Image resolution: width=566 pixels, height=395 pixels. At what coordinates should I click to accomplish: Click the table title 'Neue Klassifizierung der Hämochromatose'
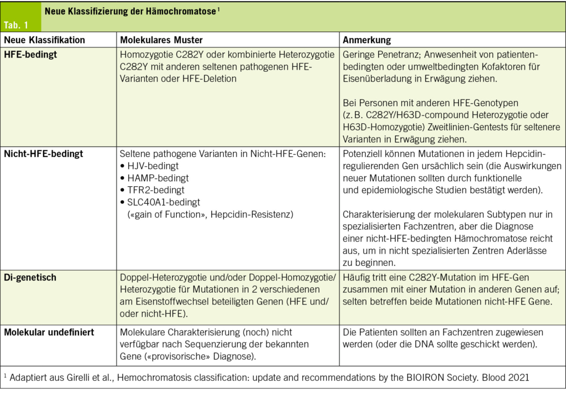130,11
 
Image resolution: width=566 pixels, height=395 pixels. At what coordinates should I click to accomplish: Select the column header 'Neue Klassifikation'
45,40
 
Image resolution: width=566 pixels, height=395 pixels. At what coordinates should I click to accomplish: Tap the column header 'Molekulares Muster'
161,40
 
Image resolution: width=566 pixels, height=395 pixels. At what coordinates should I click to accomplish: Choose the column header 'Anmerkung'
367,40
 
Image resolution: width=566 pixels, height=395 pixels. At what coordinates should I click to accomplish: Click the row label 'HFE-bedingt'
30,55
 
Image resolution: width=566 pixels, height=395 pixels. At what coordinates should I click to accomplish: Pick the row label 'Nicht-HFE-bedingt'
44,154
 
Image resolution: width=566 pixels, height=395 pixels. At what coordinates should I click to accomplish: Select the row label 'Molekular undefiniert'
49,332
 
